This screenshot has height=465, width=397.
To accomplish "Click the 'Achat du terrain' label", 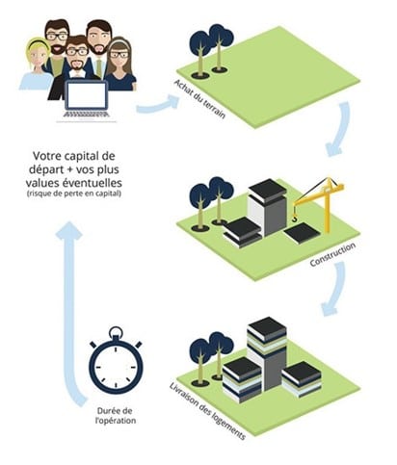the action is tap(199, 99).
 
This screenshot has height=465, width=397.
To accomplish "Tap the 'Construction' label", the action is tap(332, 254).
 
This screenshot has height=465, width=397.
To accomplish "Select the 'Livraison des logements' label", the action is tap(207, 411).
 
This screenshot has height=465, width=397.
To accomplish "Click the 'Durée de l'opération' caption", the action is tap(116, 416).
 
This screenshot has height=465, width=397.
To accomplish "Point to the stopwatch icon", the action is tap(116, 360).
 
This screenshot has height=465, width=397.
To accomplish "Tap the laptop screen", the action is tap(86, 95).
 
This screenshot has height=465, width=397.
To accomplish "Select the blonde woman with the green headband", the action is tap(36, 65).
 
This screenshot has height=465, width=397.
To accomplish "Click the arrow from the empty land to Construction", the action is tap(339, 128).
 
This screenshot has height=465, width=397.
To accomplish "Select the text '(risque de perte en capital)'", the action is tap(73, 194).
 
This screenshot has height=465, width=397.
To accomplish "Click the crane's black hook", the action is tap(294, 219).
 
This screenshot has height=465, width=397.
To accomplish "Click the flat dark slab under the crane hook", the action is tap(302, 234).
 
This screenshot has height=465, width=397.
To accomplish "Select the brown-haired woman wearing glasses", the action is tap(120, 65).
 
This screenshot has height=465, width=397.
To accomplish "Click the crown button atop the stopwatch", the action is tap(116, 332).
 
